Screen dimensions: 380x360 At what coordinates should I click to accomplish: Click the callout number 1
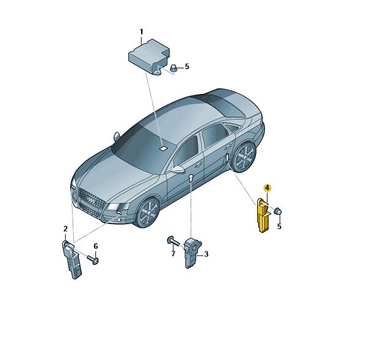click(x=141, y=32)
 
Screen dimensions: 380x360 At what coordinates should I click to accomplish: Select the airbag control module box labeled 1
click(x=149, y=57)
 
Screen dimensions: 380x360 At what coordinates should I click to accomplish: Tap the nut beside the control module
click(x=174, y=68)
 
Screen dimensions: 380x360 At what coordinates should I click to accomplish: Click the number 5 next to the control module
click(x=187, y=67)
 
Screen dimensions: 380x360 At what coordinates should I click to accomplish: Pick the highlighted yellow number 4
click(x=268, y=187)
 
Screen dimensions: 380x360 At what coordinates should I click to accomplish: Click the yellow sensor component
click(x=263, y=215)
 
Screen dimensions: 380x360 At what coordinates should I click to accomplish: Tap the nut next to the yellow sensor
click(x=278, y=211)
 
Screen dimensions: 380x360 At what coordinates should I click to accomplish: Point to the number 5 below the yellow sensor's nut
click(x=279, y=226)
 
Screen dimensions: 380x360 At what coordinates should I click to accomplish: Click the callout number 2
click(x=65, y=229)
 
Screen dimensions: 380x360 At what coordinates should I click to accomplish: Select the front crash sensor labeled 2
click(x=72, y=259)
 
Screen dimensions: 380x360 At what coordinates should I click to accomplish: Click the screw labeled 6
click(x=93, y=259)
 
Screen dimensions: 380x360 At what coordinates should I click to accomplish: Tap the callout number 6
click(x=96, y=247)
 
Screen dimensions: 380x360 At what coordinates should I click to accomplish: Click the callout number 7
click(x=173, y=254)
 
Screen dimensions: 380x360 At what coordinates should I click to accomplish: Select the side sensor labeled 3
click(x=192, y=253)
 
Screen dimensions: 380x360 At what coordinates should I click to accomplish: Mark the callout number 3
click(x=206, y=254)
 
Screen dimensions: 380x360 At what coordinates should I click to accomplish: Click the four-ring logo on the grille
click(x=92, y=200)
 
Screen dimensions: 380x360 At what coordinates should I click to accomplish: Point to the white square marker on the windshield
click(x=164, y=148)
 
